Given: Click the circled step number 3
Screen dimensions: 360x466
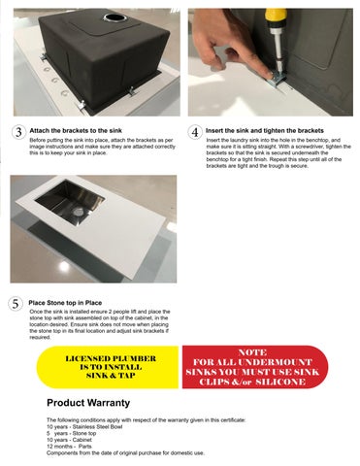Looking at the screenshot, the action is pyautogui.click(x=18, y=132).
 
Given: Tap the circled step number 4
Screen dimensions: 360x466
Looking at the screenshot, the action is pyautogui.click(x=195, y=132).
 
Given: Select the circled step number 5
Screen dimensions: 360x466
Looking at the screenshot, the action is pyautogui.click(x=16, y=304).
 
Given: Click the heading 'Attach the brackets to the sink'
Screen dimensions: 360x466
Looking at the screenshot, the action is pyautogui.click(x=76, y=131).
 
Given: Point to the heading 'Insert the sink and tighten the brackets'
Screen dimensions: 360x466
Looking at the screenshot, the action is pyautogui.click(x=265, y=131).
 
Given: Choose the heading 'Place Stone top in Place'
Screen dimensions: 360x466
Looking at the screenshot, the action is pyautogui.click(x=65, y=303).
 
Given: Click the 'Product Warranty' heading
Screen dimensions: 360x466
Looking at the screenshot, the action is pyautogui.click(x=88, y=403).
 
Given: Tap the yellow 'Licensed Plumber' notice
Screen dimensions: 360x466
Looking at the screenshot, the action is pyautogui.click(x=108, y=367).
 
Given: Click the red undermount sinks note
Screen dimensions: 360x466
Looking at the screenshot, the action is pyautogui.click(x=255, y=367).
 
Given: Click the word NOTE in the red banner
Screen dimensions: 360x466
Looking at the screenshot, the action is pyautogui.click(x=252, y=352).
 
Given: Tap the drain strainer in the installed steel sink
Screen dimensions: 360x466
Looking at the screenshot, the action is pyautogui.click(x=78, y=212).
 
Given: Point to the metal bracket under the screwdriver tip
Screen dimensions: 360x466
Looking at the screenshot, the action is pyautogui.click(x=276, y=80).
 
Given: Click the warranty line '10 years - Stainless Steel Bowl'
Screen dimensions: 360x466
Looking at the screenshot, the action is pyautogui.click(x=84, y=427).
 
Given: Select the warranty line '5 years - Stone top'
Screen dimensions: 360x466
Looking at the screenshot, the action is pyautogui.click(x=71, y=433).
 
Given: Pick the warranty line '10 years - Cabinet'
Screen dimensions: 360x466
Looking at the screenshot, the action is pyautogui.click(x=69, y=440).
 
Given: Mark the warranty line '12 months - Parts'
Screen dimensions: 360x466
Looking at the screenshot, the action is pyautogui.click(x=69, y=447).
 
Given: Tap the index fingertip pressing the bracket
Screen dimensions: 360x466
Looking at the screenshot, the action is pyautogui.click(x=268, y=75).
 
